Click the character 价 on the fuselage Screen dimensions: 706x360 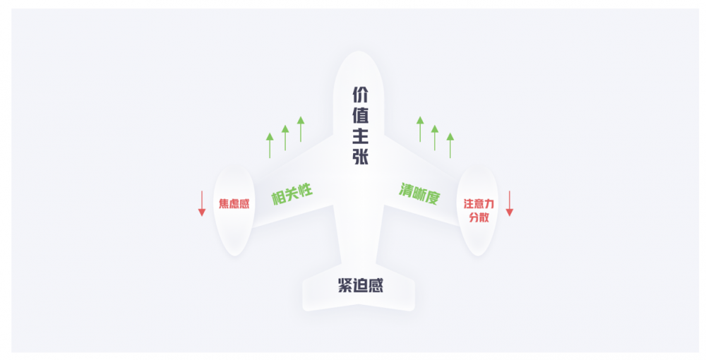(x=360, y=95)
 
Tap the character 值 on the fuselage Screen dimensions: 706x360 (x=360, y=116)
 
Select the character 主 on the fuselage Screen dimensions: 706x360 (x=360, y=136)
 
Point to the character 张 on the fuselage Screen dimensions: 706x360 (x=360, y=157)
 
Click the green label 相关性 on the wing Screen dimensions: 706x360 (x=292, y=194)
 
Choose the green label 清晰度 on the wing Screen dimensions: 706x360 (x=419, y=193)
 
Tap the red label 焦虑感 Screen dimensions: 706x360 (x=234, y=204)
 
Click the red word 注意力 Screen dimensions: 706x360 (x=479, y=204)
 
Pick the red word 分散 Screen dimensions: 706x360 (x=479, y=217)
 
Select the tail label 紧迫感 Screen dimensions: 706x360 (x=361, y=285)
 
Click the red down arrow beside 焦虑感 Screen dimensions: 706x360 (x=202, y=203)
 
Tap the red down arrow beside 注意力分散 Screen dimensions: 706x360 (x=509, y=203)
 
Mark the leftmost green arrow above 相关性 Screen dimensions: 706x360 (x=270, y=145)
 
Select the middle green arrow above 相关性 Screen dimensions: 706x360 (x=285, y=138)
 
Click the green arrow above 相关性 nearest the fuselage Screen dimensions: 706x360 (x=301, y=129)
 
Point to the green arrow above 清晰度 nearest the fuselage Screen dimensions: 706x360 (x=420, y=129)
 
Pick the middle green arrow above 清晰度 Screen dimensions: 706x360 (x=434, y=138)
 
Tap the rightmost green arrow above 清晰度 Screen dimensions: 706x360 (x=450, y=145)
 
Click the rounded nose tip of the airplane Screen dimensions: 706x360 (x=359, y=52)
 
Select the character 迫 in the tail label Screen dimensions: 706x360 (x=361, y=285)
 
